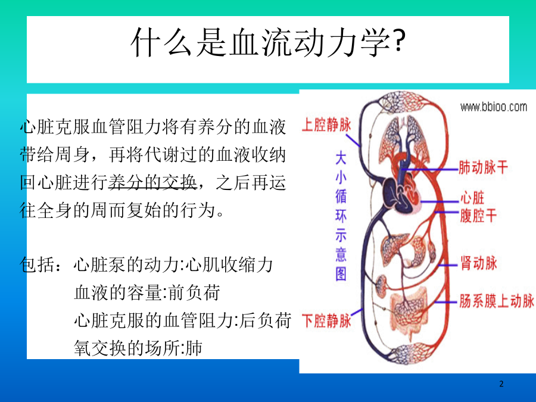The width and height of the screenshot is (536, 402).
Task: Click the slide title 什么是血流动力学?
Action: (x=268, y=42)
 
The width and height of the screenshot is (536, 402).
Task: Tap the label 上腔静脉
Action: (x=326, y=124)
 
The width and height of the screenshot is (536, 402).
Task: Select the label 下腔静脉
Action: (x=326, y=321)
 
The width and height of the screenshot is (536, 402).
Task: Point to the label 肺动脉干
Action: (x=483, y=167)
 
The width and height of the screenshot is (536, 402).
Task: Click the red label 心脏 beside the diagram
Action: (x=472, y=198)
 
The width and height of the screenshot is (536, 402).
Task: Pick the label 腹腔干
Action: (x=478, y=216)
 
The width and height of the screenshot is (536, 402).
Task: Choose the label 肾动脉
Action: (x=478, y=263)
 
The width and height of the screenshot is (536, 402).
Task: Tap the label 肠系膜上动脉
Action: (x=496, y=301)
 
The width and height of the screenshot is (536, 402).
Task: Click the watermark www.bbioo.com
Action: (x=493, y=107)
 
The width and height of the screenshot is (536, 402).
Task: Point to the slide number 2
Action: (x=501, y=384)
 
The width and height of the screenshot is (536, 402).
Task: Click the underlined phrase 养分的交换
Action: (x=152, y=182)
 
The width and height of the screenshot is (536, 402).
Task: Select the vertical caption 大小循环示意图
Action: (x=341, y=216)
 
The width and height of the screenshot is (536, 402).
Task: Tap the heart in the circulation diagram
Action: (x=401, y=195)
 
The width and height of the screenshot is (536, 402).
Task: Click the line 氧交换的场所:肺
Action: (x=138, y=348)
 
